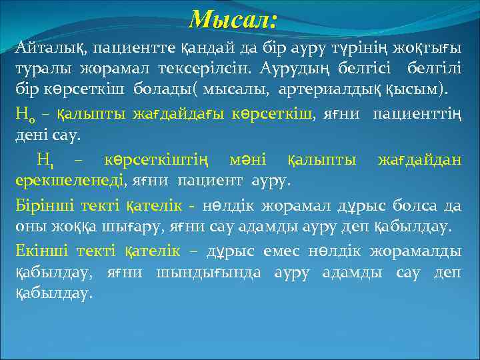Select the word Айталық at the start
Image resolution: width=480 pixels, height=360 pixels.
coord(51,49)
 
